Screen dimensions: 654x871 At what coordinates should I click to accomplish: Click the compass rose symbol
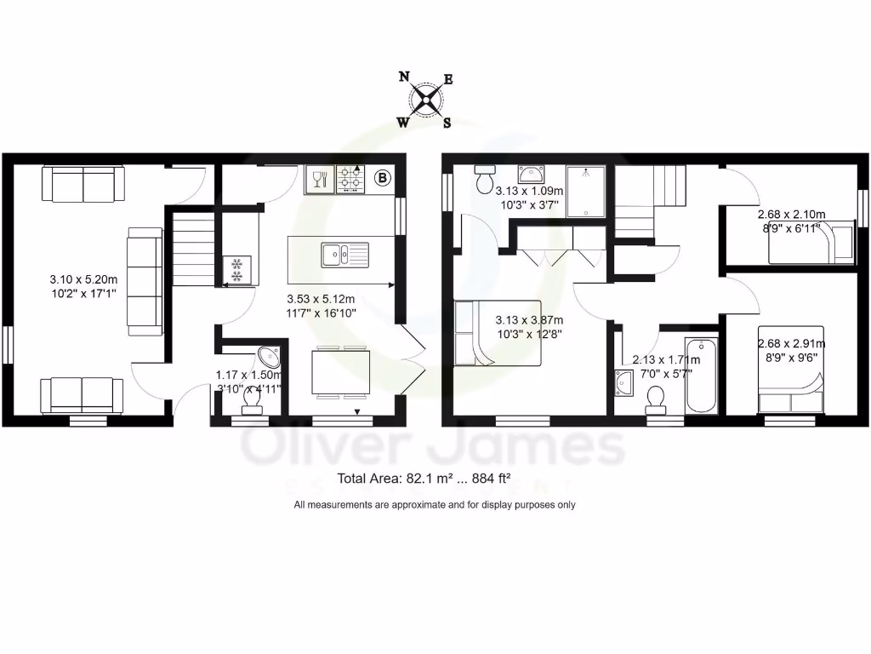(x=424, y=100)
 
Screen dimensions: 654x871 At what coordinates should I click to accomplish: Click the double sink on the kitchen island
(x=344, y=254)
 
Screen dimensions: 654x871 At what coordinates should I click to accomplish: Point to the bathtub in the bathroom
(x=702, y=375)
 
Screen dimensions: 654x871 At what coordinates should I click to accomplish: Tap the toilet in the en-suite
(x=486, y=181)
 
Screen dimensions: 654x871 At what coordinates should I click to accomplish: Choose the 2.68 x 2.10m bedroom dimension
(x=792, y=222)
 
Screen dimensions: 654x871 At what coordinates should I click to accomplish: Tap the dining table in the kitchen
(x=340, y=373)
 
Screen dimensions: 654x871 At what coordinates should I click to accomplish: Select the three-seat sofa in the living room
(x=144, y=280)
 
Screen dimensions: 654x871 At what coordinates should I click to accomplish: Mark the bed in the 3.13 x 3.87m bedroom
(x=498, y=333)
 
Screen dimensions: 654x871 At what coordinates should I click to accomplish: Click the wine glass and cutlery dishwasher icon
(x=320, y=179)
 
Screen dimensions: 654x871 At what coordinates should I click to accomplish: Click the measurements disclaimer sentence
(x=435, y=505)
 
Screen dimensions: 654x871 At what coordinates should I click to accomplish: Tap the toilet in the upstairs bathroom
(x=657, y=399)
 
